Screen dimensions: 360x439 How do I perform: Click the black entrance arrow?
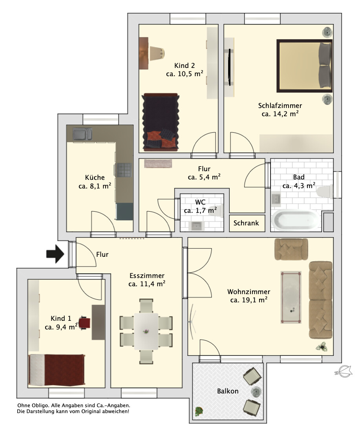point(55,254)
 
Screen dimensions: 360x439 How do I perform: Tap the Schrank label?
point(246,223)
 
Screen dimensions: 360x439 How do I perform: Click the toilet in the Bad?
point(325,192)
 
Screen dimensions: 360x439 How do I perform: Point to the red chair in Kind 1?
point(84,323)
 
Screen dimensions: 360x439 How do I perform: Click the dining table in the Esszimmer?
point(146,331)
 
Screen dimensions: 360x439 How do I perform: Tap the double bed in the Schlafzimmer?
point(305,66)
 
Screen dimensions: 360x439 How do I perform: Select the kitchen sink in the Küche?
point(82,134)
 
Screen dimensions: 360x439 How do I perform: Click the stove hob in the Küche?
point(123,170)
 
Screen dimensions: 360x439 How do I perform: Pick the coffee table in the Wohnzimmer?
point(291,297)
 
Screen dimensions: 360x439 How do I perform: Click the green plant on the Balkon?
point(199,411)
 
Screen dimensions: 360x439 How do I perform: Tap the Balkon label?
point(228,391)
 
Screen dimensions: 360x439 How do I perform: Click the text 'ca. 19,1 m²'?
point(249,300)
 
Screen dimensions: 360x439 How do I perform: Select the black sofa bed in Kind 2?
point(161,123)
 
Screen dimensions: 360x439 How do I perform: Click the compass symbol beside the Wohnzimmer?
point(344,371)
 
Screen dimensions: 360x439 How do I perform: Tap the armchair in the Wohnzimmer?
point(291,249)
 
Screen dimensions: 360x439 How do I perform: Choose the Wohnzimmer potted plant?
point(322,348)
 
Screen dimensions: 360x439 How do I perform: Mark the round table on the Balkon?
point(256,391)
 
